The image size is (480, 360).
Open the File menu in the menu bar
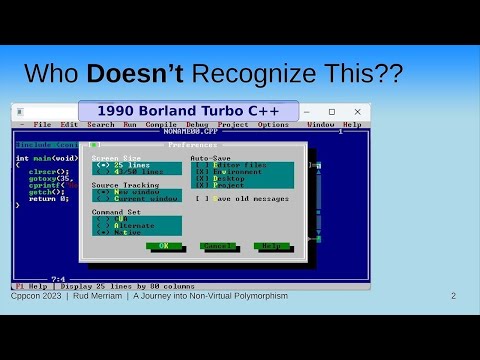[42, 124]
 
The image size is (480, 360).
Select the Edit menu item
[68, 124]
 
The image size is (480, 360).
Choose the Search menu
[101, 124]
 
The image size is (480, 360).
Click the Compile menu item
[161, 124]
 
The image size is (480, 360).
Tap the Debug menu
[196, 124]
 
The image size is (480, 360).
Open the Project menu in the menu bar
[233, 124]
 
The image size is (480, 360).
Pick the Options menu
[273, 124]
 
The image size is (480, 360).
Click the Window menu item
[321, 124]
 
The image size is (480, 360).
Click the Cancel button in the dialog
[217, 245]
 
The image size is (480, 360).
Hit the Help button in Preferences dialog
[269, 245]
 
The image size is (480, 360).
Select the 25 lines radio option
[130, 165]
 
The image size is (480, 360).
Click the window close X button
[357, 111]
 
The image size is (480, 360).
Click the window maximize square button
[332, 111]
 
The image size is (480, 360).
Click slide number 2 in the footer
[453, 296]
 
